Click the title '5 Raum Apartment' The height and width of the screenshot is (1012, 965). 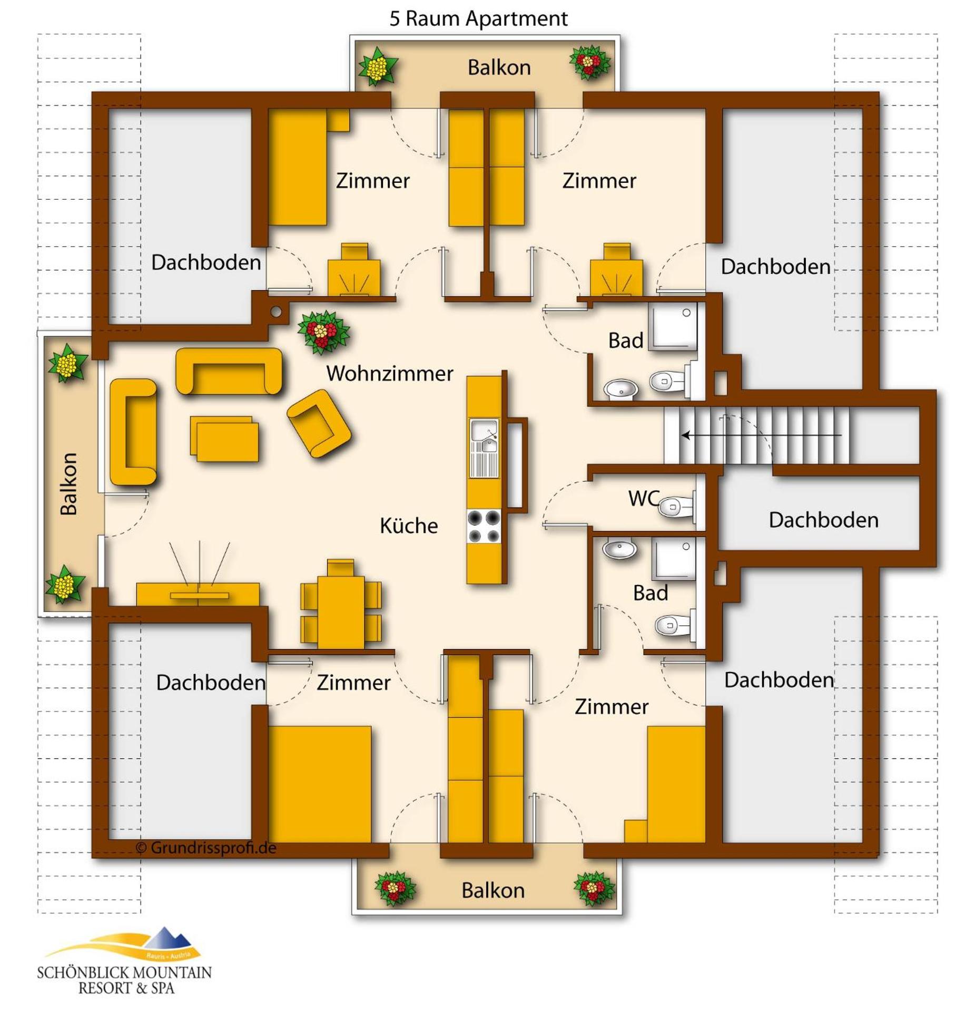[478, 19]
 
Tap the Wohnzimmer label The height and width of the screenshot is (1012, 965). [389, 373]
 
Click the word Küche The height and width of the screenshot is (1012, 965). [408, 526]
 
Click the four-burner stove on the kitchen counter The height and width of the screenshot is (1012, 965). [484, 526]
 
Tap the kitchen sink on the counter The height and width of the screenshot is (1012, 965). [484, 438]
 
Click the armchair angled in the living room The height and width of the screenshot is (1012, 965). [319, 423]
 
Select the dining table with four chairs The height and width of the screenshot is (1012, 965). [340, 611]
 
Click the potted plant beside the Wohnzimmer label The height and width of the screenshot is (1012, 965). [322, 332]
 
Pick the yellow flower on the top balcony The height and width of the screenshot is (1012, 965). [377, 67]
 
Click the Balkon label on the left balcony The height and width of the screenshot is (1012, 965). [69, 483]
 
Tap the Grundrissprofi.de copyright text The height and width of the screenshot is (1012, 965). [206, 848]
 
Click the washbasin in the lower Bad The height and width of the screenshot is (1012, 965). [619, 549]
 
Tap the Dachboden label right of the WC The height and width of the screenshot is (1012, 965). [823, 520]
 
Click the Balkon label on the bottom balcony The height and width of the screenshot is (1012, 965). [493, 890]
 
